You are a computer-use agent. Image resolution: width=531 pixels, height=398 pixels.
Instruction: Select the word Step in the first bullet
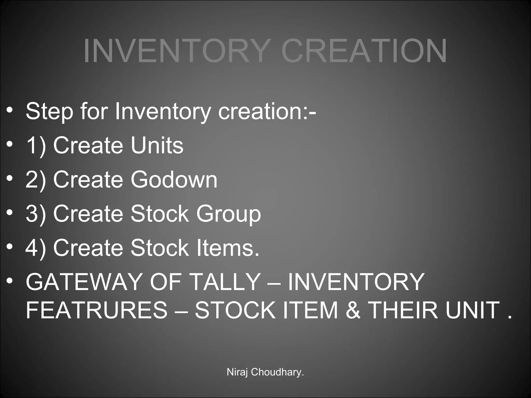coord(49,111)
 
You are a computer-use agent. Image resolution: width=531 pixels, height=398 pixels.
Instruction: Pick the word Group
coord(228,214)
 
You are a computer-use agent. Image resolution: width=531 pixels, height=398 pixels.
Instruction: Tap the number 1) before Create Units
coord(36,146)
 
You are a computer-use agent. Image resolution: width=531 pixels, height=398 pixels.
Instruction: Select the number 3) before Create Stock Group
coord(36,214)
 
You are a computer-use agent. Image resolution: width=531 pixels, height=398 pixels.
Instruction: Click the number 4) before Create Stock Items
coord(36,248)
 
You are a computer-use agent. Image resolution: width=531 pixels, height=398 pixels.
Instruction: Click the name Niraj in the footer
coord(238,372)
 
